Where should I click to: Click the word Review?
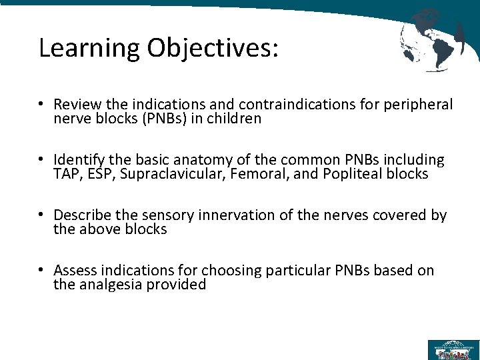[x=77, y=105]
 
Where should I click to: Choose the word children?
[x=237, y=119]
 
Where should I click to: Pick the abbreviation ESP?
[x=95, y=175]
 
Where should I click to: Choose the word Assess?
[x=75, y=270]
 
